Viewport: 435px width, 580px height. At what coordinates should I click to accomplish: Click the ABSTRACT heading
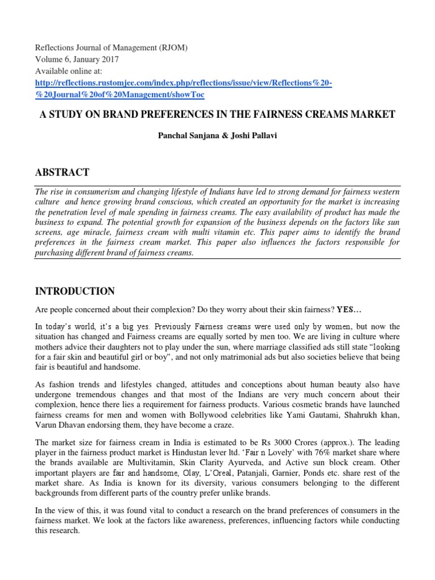pyautogui.click(x=62, y=173)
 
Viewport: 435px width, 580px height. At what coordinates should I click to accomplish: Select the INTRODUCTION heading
pyautogui.click(x=75, y=292)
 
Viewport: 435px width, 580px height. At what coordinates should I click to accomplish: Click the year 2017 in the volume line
pyautogui.click(x=108, y=59)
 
